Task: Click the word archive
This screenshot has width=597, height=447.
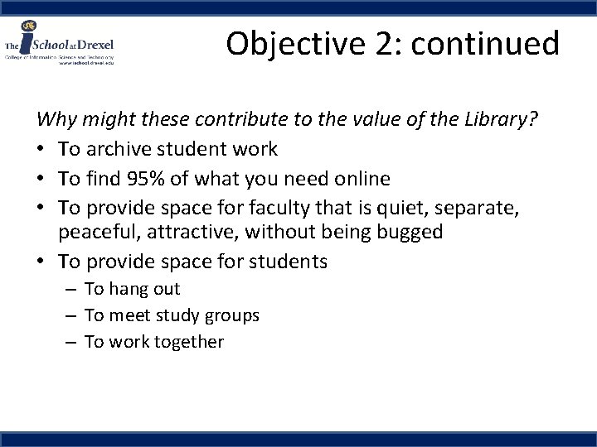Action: [117, 149]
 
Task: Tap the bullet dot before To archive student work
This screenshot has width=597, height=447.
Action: [42, 150]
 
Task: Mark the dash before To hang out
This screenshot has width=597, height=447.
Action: [70, 289]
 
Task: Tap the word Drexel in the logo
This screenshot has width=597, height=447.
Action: [96, 43]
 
